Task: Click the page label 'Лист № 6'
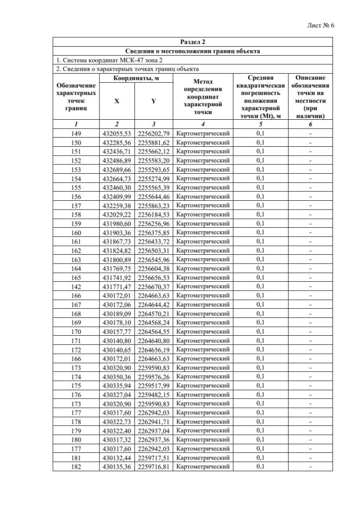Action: pos(322,26)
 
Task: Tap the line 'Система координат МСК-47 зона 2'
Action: pos(108,60)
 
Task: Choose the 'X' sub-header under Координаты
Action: pos(117,101)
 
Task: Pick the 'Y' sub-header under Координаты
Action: pos(154,101)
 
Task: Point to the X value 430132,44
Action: pos(117,457)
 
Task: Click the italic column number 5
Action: pos(260,123)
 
